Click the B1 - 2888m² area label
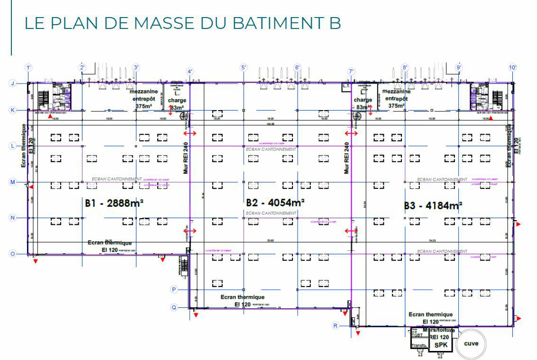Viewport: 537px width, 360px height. (114, 203)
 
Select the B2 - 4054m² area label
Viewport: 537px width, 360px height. (275, 203)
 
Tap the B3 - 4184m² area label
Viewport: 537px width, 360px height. (433, 206)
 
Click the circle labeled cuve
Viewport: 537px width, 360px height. (471, 344)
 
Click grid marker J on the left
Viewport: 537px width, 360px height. (13, 83)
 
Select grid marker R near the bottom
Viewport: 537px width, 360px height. (336, 325)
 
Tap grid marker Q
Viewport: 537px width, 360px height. (174, 307)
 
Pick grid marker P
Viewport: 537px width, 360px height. (174, 289)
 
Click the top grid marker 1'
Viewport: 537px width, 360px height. (28, 68)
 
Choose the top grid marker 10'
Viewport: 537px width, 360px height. (512, 68)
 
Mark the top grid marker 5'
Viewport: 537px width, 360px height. (244, 68)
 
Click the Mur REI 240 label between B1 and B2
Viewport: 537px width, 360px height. (186, 157)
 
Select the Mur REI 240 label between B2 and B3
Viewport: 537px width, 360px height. (347, 157)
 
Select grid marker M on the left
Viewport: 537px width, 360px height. (13, 182)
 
